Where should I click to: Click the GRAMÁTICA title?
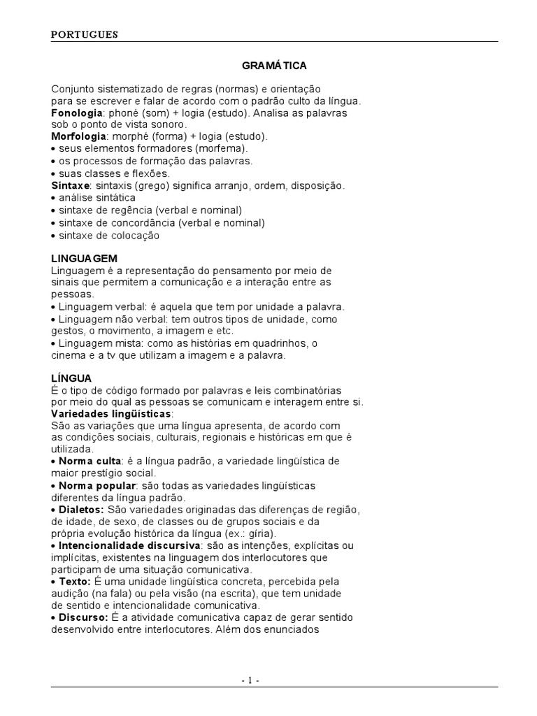pyautogui.click(x=274, y=66)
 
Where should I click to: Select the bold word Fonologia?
pyautogui.click(x=77, y=113)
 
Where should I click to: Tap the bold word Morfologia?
pyautogui.click(x=79, y=136)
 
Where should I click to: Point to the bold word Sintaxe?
pyautogui.click(x=70, y=185)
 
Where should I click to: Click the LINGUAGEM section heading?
pyautogui.click(x=85, y=258)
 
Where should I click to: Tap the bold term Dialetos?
pyautogui.click(x=81, y=509)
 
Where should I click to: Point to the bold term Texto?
pyautogui.click(x=75, y=581)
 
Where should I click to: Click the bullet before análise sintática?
pyautogui.click(x=54, y=199)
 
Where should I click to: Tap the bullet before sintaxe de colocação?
pyautogui.click(x=54, y=236)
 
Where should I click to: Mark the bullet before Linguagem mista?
pyautogui.click(x=54, y=343)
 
